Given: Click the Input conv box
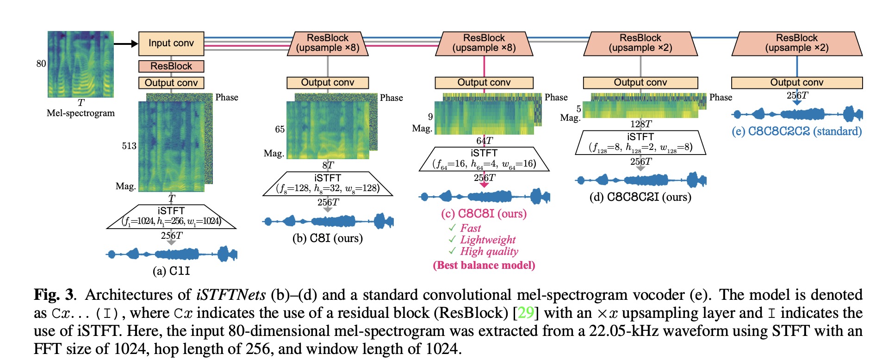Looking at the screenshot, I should point(171,43).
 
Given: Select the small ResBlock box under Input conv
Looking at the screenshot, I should point(171,66).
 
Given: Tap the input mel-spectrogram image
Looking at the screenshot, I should point(81,64).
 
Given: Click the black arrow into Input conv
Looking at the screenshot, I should point(125,43).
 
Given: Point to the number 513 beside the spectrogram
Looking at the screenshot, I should point(129,146).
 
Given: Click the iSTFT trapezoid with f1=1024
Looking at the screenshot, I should point(171,217).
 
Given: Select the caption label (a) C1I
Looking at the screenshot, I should point(171,271).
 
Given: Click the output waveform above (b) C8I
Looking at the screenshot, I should point(328,221).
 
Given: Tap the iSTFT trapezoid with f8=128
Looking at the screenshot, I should point(328,184).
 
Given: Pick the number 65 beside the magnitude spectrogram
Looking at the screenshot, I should point(280,129).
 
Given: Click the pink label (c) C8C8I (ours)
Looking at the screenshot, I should point(484,214).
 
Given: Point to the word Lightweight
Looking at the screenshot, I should point(488,240).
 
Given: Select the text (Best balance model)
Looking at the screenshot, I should point(484,265).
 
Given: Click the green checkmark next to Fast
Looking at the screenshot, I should point(452,228).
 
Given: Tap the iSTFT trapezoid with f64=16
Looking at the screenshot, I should point(484,159).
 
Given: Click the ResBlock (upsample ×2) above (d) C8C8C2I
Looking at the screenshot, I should point(640,43).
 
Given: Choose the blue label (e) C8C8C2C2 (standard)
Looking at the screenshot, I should point(797,131).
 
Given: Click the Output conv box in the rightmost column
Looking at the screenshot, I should point(797,82).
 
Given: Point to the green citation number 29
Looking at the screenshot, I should point(526,313).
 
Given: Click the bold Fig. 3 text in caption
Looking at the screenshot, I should point(54,295).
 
